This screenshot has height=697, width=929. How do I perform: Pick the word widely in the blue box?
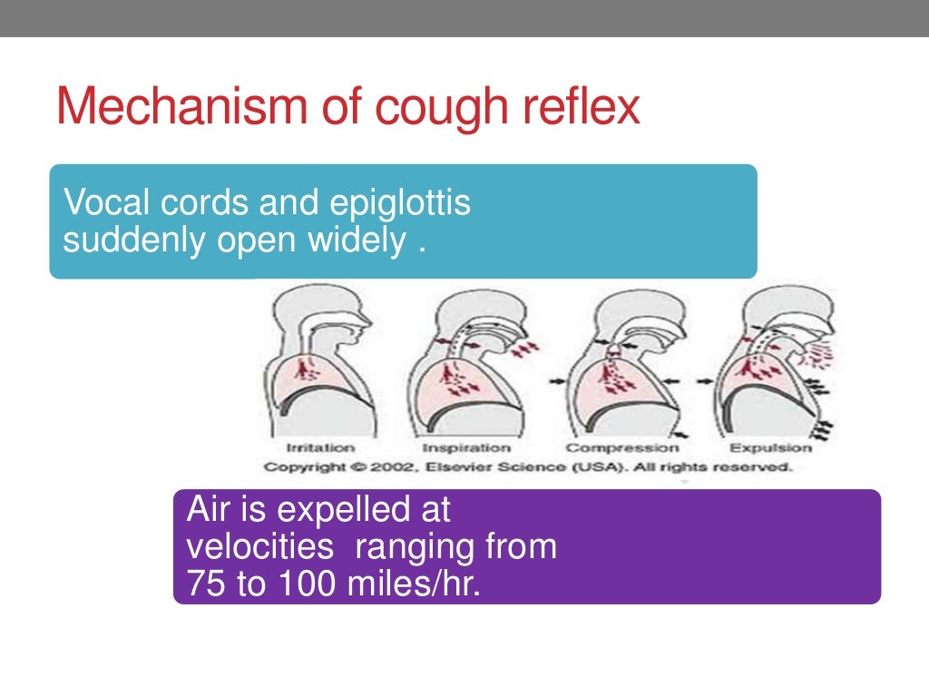[x=355, y=242]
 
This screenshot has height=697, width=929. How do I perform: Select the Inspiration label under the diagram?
[x=465, y=447]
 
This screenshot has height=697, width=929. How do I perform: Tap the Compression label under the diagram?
[x=621, y=447]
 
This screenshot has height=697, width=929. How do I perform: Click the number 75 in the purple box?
[x=205, y=584]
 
